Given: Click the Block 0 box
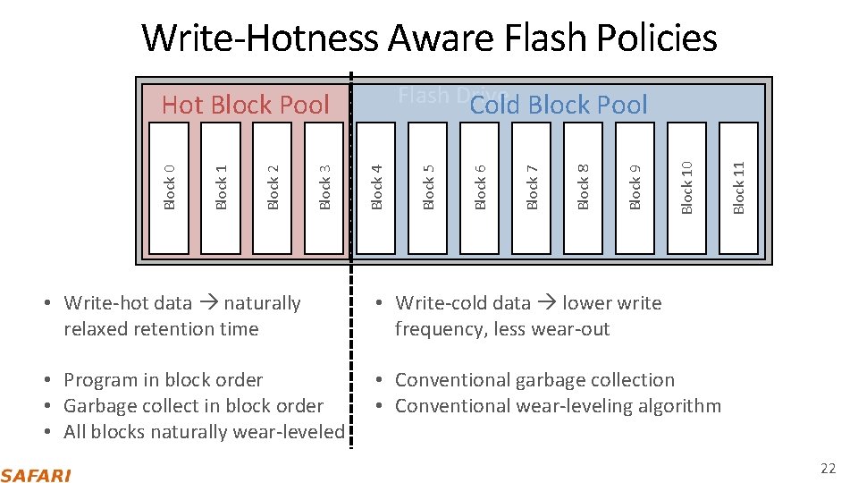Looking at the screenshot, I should coord(170,187).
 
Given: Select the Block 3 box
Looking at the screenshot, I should coord(325,187).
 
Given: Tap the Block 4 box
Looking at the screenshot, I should coord(377,187).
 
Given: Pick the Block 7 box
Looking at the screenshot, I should coord(533,187).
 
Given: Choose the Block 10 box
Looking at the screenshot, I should coord(687,187).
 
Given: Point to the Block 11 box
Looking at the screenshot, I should coord(739,187).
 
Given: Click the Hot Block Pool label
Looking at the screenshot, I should coord(246,105).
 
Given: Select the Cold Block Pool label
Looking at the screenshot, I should coord(559,105).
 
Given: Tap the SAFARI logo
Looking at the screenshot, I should coord(36,474).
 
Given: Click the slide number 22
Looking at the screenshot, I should coord(828,469).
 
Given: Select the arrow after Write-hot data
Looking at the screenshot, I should coord(207,303).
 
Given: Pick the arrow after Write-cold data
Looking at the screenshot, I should coord(546,303).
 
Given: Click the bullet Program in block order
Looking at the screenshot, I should coord(164,380).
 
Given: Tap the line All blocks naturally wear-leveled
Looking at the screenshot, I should coord(204,431).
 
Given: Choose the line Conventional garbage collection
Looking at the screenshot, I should coord(534,380).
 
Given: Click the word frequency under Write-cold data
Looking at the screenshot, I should coord(440,329).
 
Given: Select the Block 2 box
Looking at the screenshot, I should coord(273,187).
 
